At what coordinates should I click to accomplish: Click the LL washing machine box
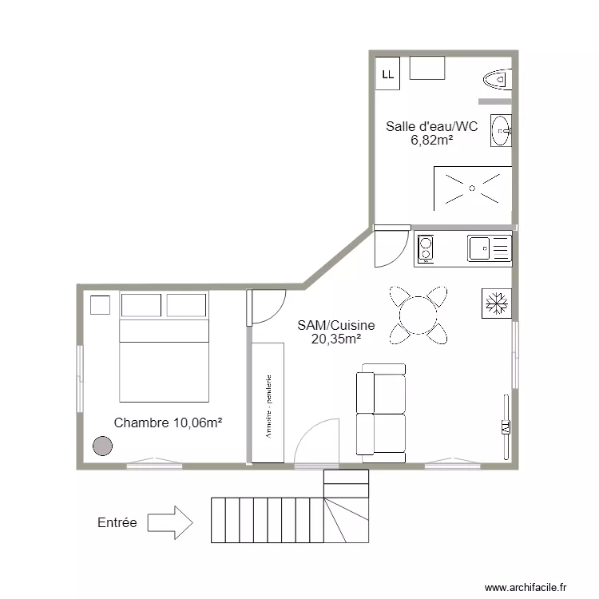coord(388,74)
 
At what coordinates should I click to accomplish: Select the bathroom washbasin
coord(502,130)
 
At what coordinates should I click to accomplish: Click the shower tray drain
coord(472,188)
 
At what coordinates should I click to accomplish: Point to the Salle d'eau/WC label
coord(432,125)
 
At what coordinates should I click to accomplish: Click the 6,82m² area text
coord(432,140)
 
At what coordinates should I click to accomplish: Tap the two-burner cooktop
coord(425,248)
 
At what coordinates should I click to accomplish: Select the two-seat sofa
coord(381,412)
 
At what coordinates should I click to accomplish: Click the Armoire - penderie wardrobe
coord(268,403)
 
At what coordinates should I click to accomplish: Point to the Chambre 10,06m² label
coord(167,422)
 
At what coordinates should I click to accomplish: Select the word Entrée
coord(117,523)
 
